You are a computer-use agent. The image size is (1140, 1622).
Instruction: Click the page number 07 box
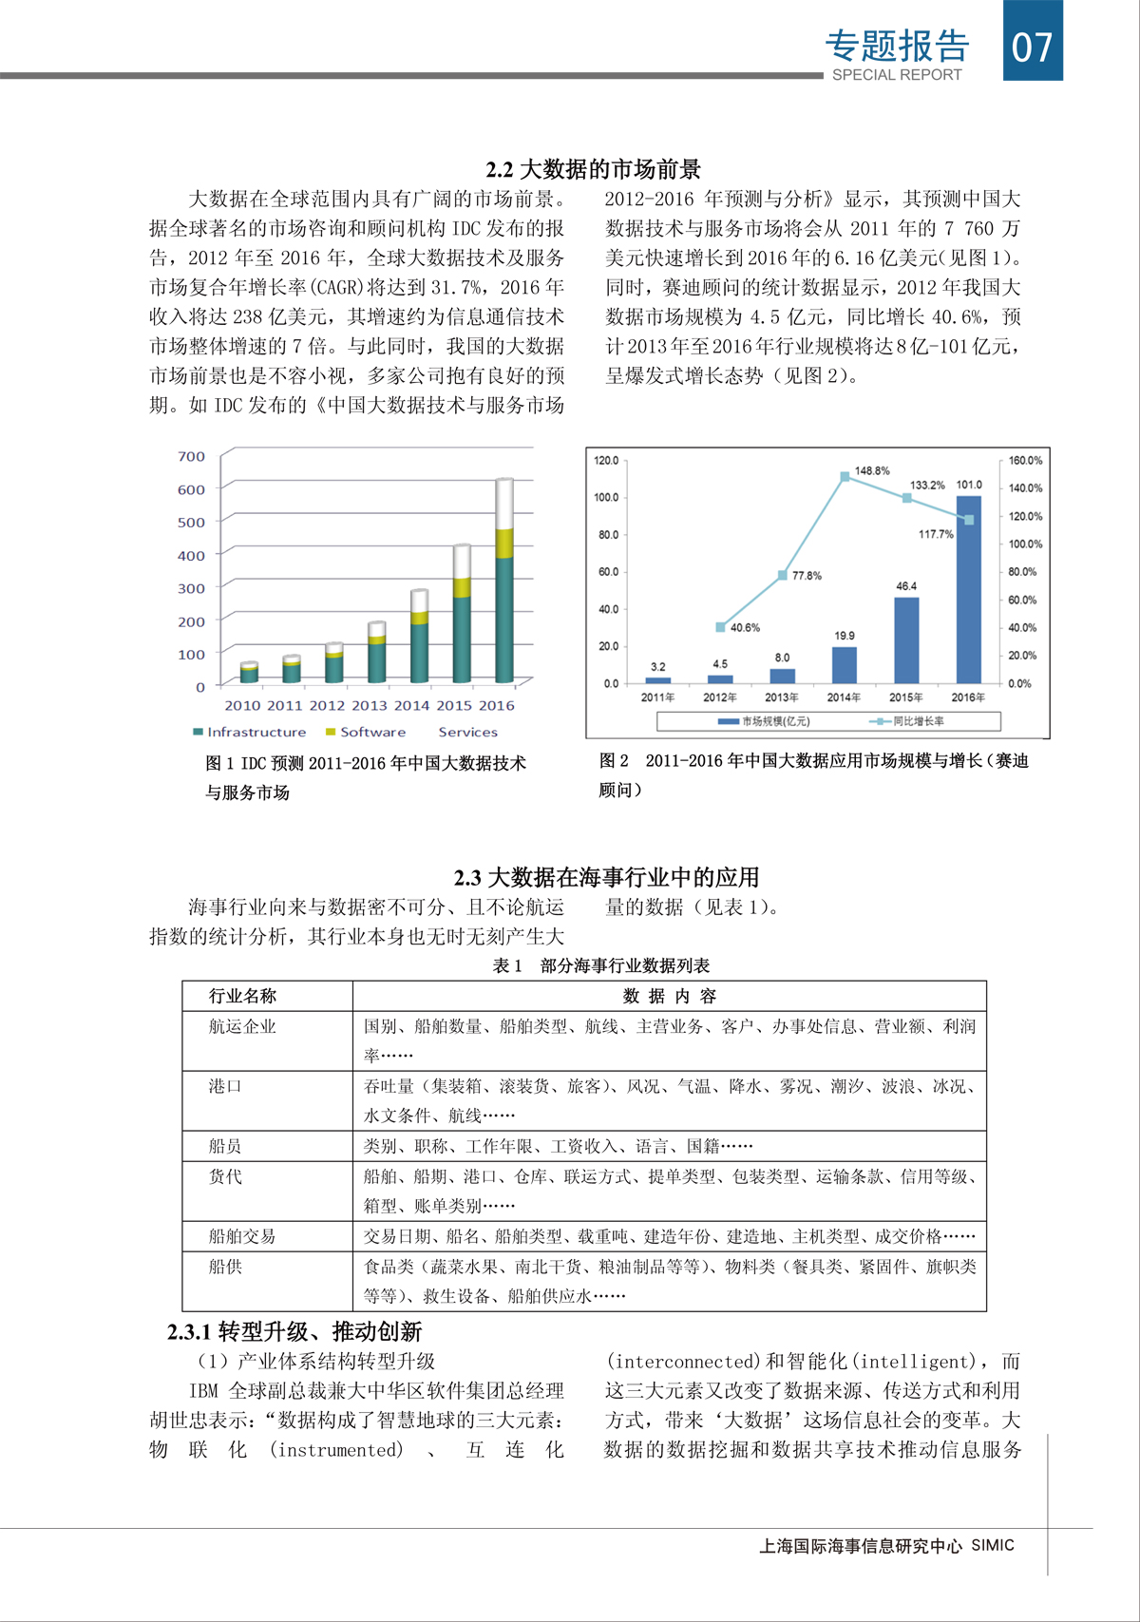1033,42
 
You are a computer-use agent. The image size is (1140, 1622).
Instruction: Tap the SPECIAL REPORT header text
897,75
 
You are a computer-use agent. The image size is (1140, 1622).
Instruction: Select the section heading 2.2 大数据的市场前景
593,169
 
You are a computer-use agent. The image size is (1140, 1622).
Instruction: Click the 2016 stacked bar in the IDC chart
504,580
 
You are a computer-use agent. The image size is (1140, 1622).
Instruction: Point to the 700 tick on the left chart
191,456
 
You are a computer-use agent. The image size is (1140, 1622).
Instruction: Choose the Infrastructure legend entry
249,732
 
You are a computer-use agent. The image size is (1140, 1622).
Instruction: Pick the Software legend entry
366,732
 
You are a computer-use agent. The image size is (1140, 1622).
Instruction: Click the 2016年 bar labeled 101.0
968,589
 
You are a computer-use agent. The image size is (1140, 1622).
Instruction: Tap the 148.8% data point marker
845,477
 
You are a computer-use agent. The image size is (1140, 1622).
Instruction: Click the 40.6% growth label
745,628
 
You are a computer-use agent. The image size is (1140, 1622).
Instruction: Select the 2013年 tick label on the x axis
782,697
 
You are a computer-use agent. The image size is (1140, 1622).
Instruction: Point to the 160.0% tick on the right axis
1025,461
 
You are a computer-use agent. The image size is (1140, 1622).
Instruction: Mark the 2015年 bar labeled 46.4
906,639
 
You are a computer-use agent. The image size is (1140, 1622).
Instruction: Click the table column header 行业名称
242,996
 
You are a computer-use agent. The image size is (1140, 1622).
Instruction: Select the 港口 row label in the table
225,1086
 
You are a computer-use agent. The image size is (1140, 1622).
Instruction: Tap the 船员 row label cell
225,1146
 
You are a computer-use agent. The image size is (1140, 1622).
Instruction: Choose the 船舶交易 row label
242,1236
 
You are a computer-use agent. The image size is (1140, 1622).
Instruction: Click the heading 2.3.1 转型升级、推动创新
294,1331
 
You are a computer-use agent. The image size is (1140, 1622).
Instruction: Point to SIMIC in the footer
993,1546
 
